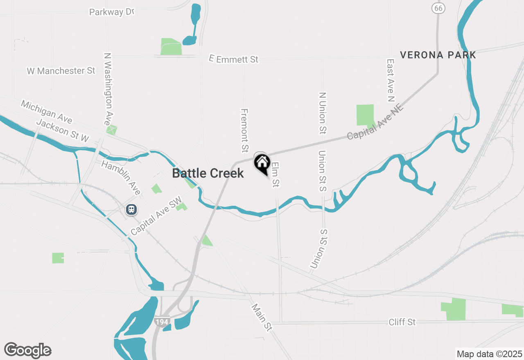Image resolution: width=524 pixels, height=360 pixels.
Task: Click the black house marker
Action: point(262,163)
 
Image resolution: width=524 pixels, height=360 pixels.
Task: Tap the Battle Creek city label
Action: point(208,173)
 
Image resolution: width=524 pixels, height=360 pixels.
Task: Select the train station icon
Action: point(131,209)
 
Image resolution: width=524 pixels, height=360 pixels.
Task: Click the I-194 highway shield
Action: point(162,322)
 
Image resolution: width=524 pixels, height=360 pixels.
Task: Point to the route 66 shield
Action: point(438,8)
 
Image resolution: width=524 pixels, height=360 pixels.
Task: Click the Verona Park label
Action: point(438,55)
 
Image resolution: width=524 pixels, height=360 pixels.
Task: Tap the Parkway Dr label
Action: point(112,12)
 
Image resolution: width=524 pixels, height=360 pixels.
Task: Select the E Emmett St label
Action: point(234,59)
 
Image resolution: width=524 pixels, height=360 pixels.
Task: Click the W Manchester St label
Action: point(61,71)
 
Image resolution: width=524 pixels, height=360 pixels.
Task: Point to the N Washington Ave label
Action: point(108,89)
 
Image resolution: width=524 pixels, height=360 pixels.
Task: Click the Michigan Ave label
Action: point(47,112)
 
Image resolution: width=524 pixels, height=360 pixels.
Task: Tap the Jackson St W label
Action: point(63,130)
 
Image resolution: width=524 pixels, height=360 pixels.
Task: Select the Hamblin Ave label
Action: point(121,178)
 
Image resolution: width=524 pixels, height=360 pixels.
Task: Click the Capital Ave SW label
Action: point(156,219)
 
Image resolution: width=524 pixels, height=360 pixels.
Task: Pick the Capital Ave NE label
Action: point(375,122)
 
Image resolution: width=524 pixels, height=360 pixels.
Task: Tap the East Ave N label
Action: point(391,80)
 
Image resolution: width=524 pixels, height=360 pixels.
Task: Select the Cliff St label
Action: point(402,322)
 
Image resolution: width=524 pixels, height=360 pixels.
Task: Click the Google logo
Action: point(27,350)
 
